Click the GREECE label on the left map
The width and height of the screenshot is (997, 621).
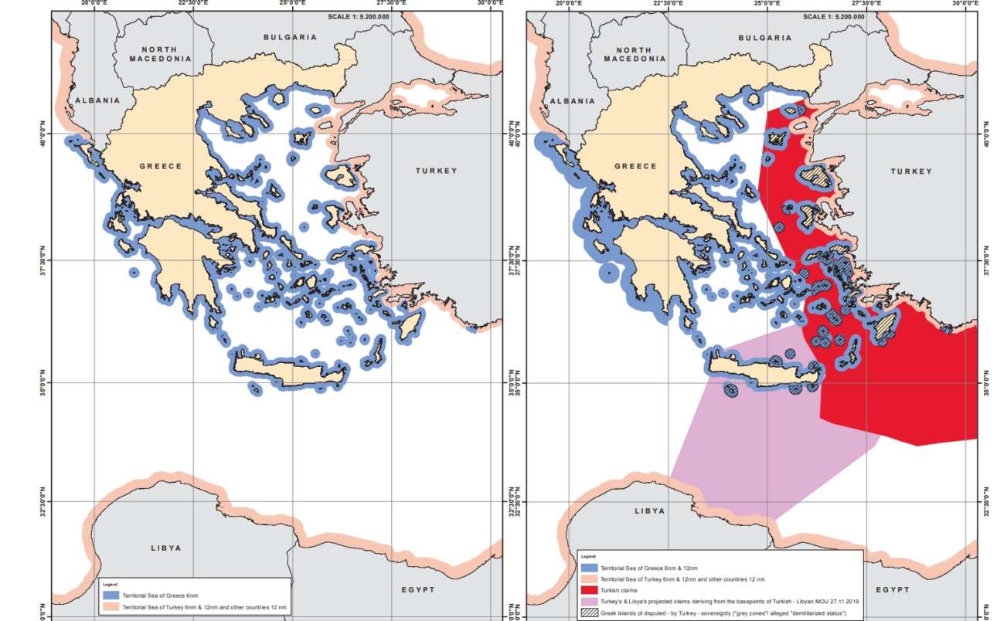click(161, 166)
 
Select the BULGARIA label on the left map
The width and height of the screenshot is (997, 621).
click(290, 37)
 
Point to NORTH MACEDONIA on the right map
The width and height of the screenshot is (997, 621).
click(634, 54)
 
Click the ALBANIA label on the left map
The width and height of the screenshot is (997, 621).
click(97, 100)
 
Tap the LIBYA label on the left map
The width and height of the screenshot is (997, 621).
click(165, 548)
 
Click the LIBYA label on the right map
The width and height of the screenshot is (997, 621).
click(648, 511)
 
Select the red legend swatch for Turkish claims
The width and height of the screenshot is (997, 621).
click(589, 589)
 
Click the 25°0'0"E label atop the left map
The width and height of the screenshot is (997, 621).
click(293, 4)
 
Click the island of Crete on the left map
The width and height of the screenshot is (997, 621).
click(290, 372)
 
